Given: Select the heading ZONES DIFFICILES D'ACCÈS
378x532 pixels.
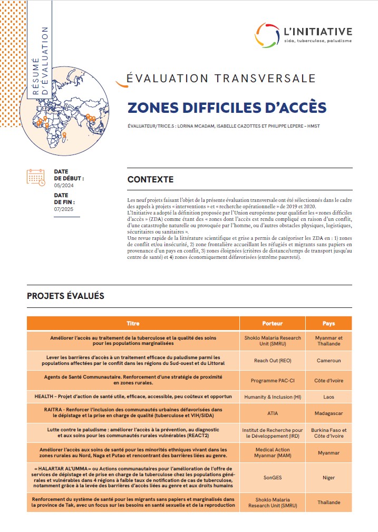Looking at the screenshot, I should [x=227, y=107].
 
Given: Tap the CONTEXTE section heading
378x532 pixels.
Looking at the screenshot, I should [x=150, y=179].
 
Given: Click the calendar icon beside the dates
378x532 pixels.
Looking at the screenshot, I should [x=36, y=177].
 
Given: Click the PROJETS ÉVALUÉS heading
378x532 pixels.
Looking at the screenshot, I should [x=65, y=296].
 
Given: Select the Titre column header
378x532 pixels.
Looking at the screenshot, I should [x=133, y=323].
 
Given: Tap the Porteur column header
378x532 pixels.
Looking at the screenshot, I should [x=272, y=323].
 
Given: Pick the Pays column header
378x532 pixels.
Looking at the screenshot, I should [x=328, y=323].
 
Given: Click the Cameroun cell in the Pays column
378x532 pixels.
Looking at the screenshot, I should [x=328, y=361].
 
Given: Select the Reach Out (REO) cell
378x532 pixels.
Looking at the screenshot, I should [x=272, y=361].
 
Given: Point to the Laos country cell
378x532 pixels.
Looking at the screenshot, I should [x=328, y=395].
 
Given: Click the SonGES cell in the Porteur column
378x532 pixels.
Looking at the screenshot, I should [x=272, y=478].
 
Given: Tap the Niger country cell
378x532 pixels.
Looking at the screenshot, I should [x=328, y=478].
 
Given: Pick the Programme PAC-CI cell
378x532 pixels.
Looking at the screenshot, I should [x=272, y=380].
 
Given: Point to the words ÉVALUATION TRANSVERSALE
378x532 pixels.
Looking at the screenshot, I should [x=221, y=79].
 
